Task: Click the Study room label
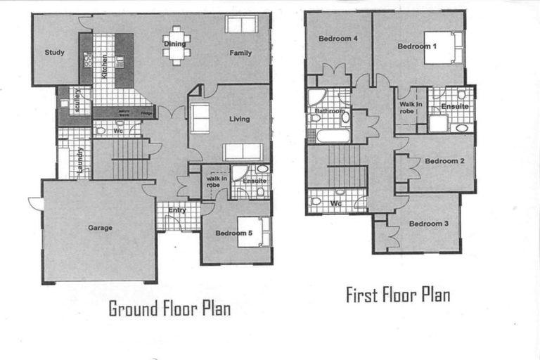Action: tap(54, 52)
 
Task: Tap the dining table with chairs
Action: tap(176, 45)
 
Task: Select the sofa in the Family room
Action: tap(242, 25)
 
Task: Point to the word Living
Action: tap(239, 119)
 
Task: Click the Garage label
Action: tap(100, 228)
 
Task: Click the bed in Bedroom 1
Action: tap(443, 47)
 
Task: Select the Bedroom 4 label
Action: tap(335, 39)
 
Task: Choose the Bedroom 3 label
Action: tap(425, 224)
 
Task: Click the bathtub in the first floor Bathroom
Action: tap(332, 136)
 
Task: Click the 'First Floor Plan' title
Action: tap(398, 295)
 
